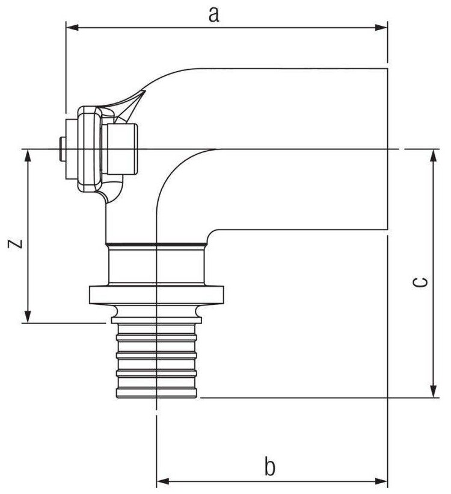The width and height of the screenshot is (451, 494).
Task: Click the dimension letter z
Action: click(16, 244)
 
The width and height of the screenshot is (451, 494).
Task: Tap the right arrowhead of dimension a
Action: click(382, 27)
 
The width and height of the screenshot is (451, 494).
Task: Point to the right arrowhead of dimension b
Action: click(382, 481)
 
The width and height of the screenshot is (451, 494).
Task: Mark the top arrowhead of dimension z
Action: click(27, 155)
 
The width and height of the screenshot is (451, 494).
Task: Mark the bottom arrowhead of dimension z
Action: click(27, 317)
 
